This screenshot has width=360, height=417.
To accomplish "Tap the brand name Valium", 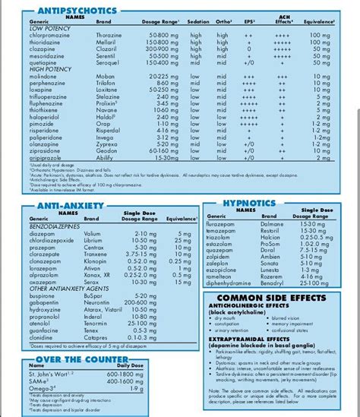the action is coord(91,232).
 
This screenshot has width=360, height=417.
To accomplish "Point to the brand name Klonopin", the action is coord(95,261).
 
